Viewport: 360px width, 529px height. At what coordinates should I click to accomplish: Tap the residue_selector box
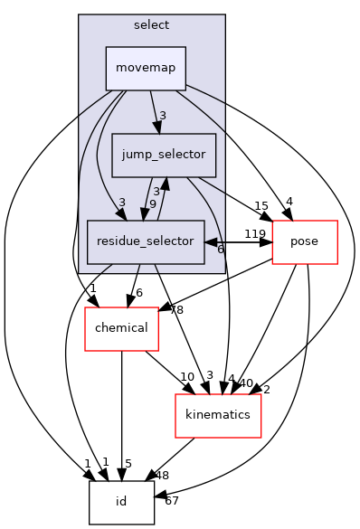[145, 241]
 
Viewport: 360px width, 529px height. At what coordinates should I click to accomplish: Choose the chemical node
[121, 327]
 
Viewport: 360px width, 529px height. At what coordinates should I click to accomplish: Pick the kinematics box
[218, 415]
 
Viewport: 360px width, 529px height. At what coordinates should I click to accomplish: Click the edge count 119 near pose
[254, 234]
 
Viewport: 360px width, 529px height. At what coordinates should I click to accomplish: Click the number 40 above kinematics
[245, 383]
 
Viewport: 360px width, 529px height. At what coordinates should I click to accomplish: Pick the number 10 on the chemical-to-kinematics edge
[187, 376]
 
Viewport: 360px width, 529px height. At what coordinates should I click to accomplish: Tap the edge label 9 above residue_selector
[153, 203]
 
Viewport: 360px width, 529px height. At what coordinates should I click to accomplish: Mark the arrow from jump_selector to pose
[235, 196]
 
